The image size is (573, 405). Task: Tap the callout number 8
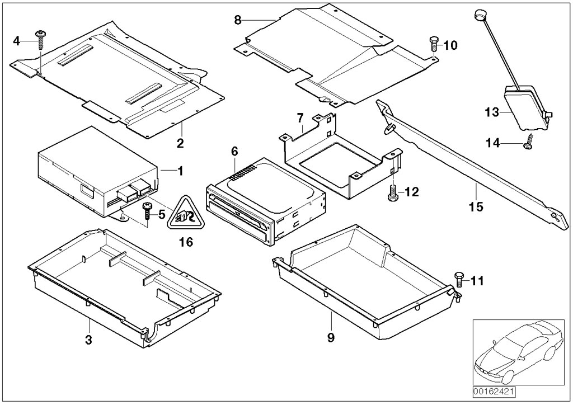[238, 20]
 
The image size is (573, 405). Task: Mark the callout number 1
[180, 169]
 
